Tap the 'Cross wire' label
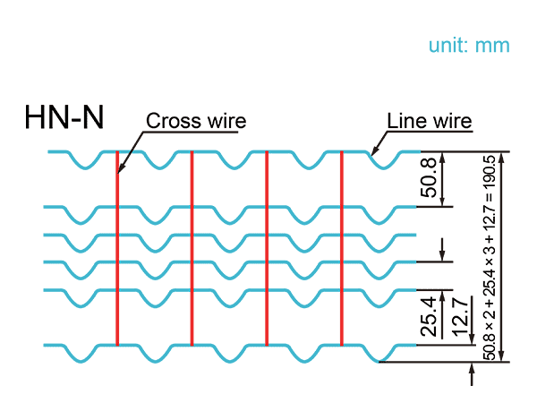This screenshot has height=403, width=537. pos(195,121)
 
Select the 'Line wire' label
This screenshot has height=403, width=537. pos(429,120)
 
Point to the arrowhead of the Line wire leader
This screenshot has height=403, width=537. pos(372,155)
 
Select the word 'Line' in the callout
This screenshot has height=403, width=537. pos(404,120)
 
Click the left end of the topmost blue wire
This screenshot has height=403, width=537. pos(50,152)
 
